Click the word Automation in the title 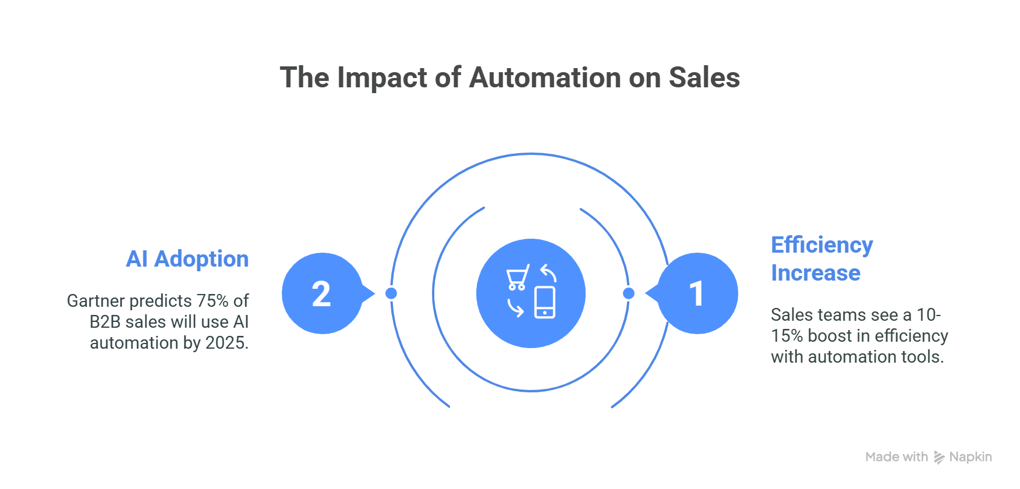(x=546, y=77)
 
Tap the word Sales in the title (x=704, y=77)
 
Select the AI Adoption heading (x=187, y=259)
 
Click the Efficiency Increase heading (x=822, y=259)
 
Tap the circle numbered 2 (x=322, y=293)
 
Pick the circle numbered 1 (x=697, y=293)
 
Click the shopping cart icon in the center (x=518, y=277)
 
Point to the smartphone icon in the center (x=545, y=302)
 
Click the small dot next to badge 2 (x=391, y=293)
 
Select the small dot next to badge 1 (x=629, y=293)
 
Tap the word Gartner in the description (x=96, y=301)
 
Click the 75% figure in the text (x=212, y=301)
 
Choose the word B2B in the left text (x=105, y=322)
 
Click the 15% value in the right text (x=787, y=336)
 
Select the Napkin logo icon (x=939, y=458)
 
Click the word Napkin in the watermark (x=971, y=458)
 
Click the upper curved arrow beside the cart (x=548, y=272)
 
